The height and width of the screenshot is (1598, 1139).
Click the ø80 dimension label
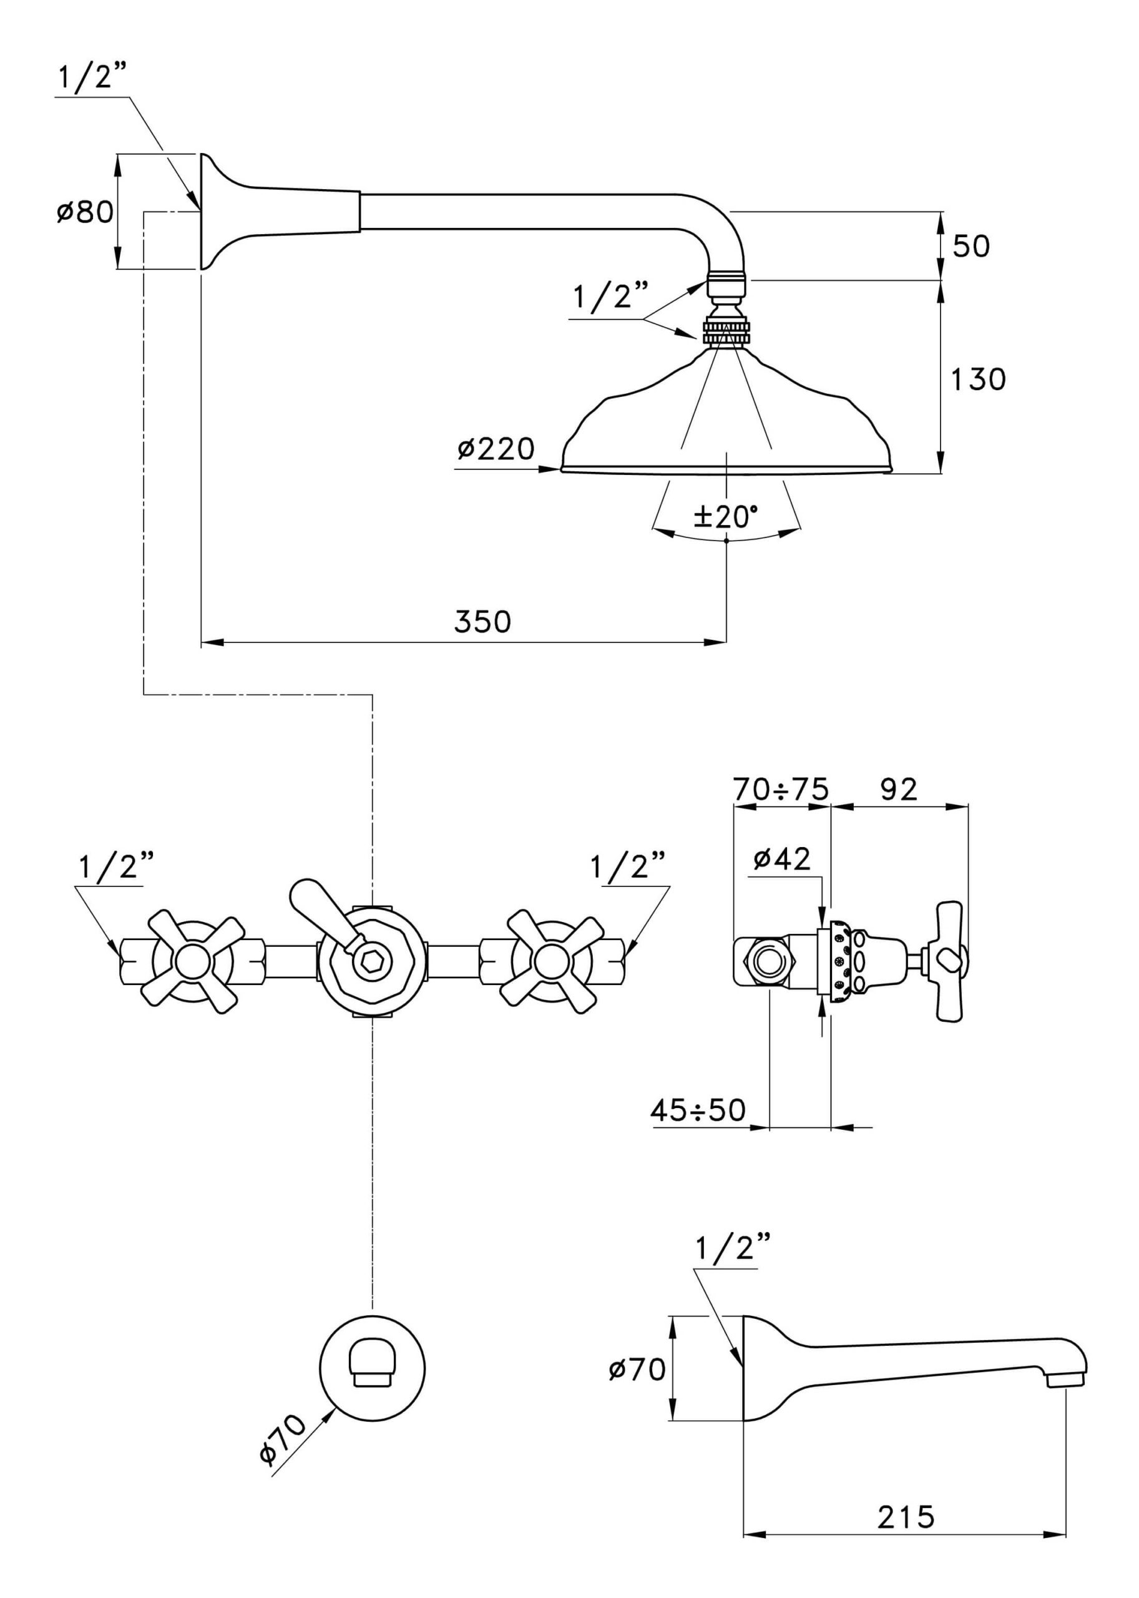pyautogui.click(x=85, y=211)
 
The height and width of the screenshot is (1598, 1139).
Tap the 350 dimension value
pyautogui.click(x=482, y=622)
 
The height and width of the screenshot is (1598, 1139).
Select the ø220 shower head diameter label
pyautogui.click(x=496, y=448)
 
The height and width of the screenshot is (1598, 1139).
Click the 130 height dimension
pyautogui.click(x=978, y=380)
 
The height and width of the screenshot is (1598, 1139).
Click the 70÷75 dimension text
pyautogui.click(x=781, y=789)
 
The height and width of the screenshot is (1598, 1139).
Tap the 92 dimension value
pyautogui.click(x=899, y=789)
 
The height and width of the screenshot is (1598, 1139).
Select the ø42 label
pyautogui.click(x=781, y=859)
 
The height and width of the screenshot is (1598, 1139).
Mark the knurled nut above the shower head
pyautogui.click(x=726, y=332)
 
